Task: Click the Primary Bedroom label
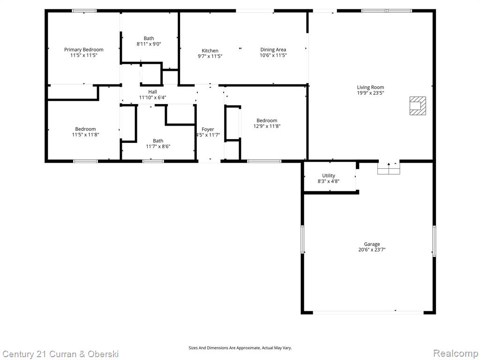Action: [x=83, y=50]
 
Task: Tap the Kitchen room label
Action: [x=210, y=51]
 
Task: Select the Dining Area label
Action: [x=273, y=50]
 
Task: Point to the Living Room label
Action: [x=370, y=87]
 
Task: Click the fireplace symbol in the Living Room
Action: [x=418, y=105]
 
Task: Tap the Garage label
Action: [x=372, y=244]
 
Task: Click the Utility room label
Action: [x=329, y=176]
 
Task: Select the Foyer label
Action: [x=208, y=129]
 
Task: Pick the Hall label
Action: [x=152, y=92]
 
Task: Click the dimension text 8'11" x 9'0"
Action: [x=149, y=44]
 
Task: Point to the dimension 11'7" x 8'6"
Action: [x=158, y=146]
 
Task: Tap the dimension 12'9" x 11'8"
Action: [x=267, y=126]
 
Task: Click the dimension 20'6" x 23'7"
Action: [x=372, y=250]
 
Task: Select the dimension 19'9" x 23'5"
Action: [x=370, y=93]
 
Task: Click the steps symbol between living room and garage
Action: [x=389, y=168]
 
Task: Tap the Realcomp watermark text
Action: [x=456, y=353]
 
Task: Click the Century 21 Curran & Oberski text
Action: [x=60, y=354]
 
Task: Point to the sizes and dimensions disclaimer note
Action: [x=240, y=348]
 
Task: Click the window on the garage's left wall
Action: [x=302, y=240]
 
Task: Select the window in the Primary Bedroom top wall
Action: [x=84, y=11]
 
